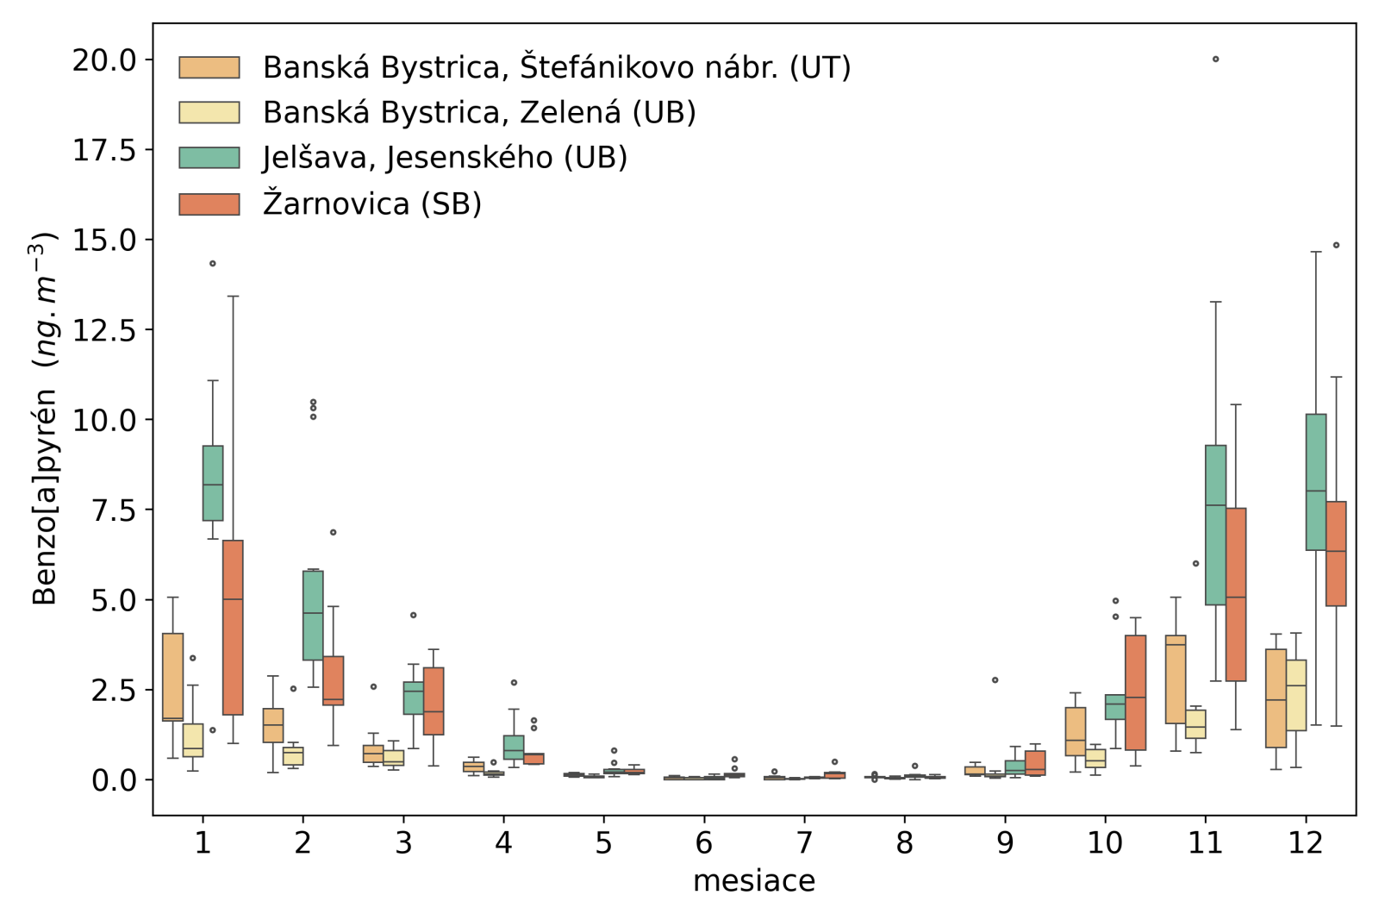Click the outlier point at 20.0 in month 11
click(1215, 59)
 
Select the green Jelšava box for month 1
click(213, 483)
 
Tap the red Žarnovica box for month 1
click(233, 627)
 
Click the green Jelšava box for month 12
click(1316, 481)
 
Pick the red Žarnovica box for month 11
click(1236, 594)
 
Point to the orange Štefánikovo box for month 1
click(172, 677)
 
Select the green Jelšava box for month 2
click(313, 615)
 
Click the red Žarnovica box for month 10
click(1136, 692)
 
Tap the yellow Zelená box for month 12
click(1296, 695)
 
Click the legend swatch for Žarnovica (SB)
click(209, 204)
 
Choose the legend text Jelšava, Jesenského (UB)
click(445, 158)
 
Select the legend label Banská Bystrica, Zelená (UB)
click(479, 112)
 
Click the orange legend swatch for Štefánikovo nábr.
click(209, 67)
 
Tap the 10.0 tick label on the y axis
click(104, 420)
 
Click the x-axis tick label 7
click(804, 842)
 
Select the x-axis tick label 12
click(1306, 842)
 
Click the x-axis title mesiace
click(754, 881)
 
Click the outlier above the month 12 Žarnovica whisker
click(1337, 245)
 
